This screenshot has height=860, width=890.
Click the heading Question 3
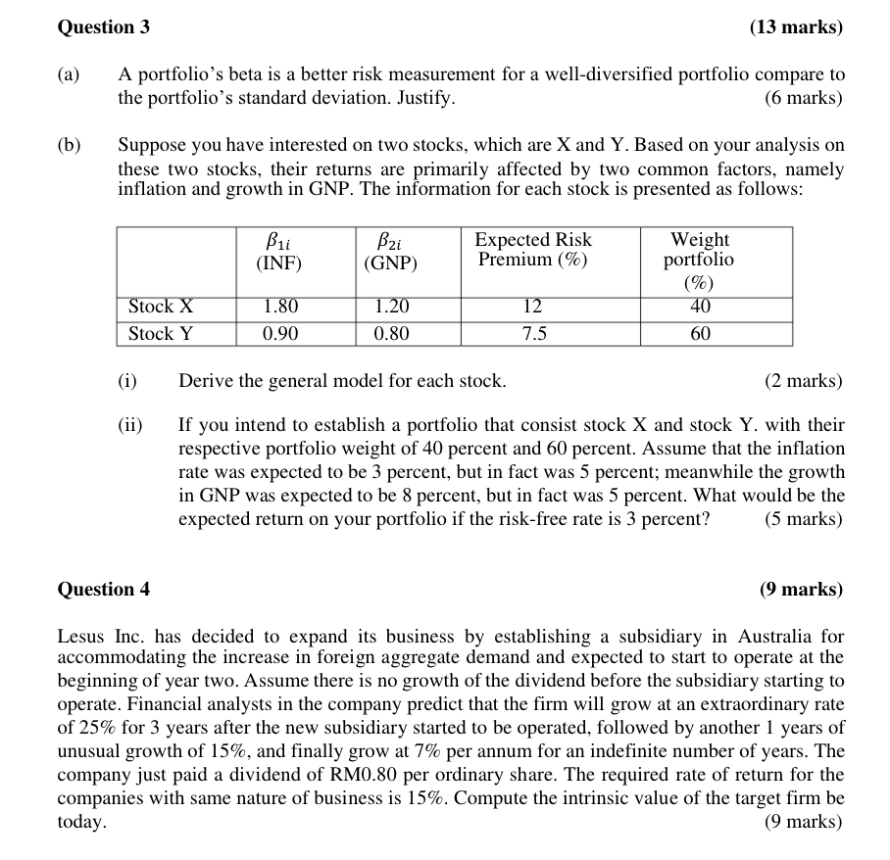pos(104,27)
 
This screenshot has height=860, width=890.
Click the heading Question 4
pos(104,589)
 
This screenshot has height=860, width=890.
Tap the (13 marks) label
pos(795,27)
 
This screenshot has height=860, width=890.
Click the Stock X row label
pos(161,307)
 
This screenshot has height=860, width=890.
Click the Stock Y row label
pos(161,334)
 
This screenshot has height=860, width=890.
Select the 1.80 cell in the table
pos(280,307)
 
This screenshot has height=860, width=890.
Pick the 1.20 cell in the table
pos(391,307)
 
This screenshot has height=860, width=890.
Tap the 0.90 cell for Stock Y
pos(280,334)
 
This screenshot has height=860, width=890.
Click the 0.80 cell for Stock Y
pos(391,334)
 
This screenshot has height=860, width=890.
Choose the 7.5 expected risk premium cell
pos(533,334)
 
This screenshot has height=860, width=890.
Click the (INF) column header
pos(279,263)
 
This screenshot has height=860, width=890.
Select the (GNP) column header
pos(390,263)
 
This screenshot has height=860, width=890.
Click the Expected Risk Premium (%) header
pos(533,250)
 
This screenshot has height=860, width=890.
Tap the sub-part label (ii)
pos(129,425)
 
